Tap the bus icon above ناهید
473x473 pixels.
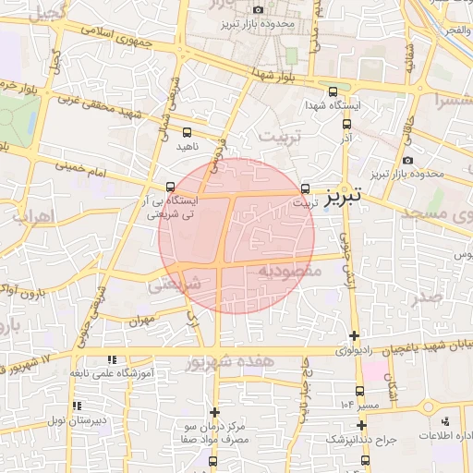tap(188, 132)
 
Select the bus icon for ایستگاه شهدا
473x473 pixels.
tap(333, 91)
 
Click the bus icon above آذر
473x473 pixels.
tap(347, 123)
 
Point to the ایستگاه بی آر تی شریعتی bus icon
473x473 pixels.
tap(169, 187)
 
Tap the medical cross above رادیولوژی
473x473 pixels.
tap(354, 334)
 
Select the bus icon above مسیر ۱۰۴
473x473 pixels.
tap(360, 391)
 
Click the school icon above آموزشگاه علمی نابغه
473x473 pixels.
tap(112, 359)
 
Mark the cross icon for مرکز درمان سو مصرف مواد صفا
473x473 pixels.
tap(215, 412)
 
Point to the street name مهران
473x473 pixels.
tap(139, 320)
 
